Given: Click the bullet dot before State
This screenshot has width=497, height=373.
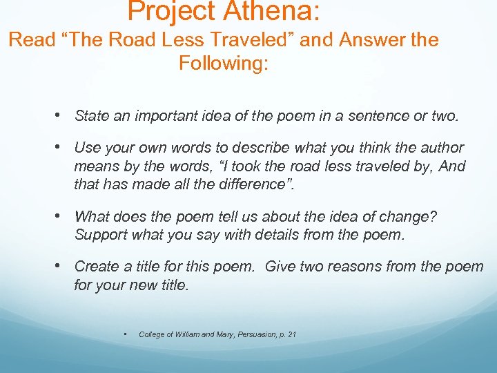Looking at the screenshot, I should [62, 115].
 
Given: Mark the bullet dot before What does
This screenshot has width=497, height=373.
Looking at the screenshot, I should [62, 216].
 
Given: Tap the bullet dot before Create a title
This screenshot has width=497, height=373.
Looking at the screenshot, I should [62, 265].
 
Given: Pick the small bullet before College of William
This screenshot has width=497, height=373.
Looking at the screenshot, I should [124, 334].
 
